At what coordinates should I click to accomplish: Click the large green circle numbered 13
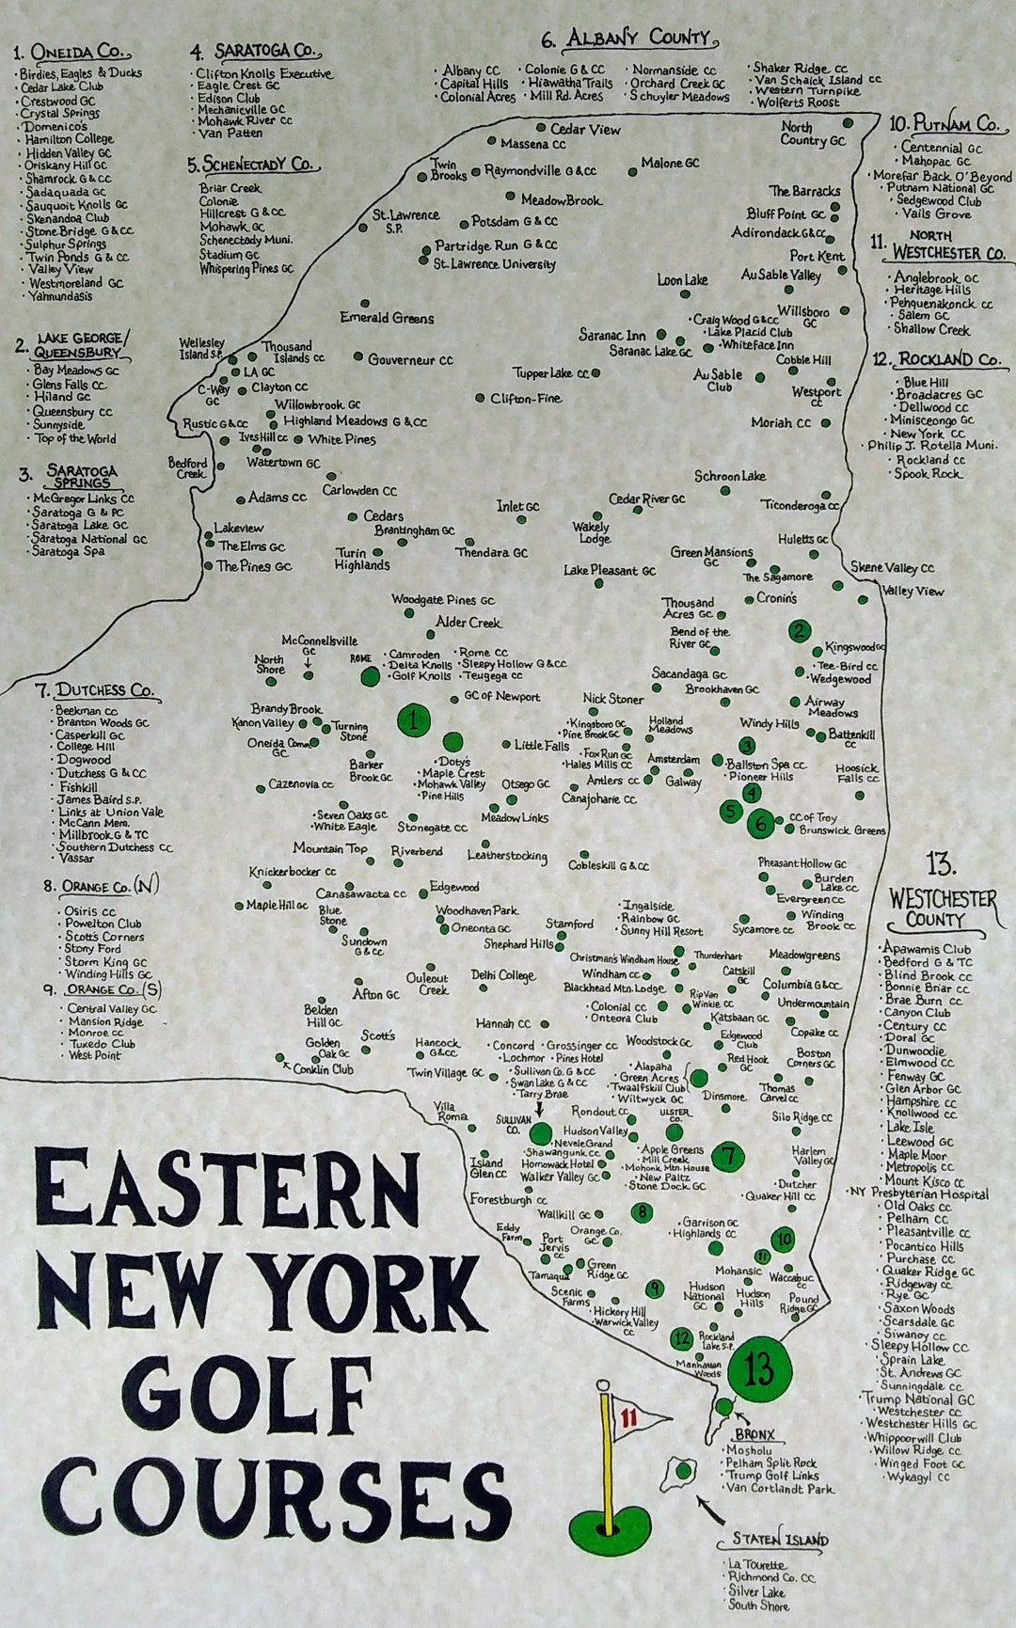coord(759,1369)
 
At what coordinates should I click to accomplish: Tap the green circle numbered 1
coord(413,721)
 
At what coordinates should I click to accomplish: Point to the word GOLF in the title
coord(249,1398)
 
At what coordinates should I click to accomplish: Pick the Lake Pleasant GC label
coord(610,570)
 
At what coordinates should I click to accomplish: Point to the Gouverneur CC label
coord(410,359)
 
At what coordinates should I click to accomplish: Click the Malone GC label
coord(670,163)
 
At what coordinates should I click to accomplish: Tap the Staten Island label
coord(780,1540)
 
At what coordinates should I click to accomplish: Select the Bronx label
coord(754,1434)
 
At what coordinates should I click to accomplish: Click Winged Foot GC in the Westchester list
coord(921,1463)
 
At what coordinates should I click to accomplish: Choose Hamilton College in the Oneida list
coord(68,139)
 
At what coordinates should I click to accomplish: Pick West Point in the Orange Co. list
coord(95,1055)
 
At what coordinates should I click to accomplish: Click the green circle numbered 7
coord(728,1155)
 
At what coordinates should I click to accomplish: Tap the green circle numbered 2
coord(799,631)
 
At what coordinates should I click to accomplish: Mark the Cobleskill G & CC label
coord(609,865)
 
